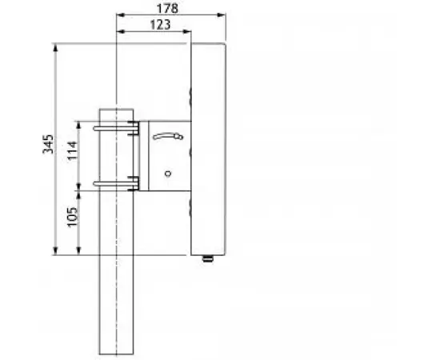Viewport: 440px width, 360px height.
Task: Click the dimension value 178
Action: click(167, 7)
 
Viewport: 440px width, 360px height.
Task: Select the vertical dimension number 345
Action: click(47, 145)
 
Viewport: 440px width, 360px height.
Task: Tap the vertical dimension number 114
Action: click(71, 151)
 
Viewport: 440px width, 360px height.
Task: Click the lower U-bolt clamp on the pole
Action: click(117, 186)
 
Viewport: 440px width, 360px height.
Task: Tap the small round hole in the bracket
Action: click(169, 171)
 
